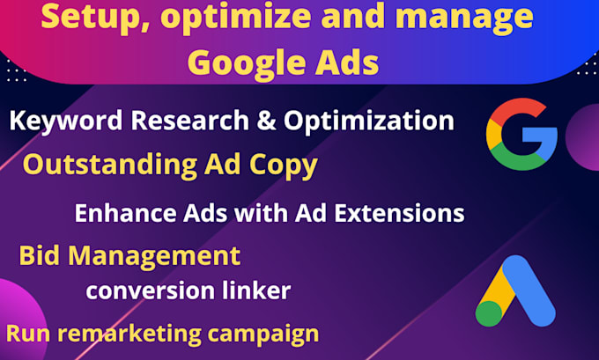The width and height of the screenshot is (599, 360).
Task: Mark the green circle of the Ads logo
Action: (x=492, y=312)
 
